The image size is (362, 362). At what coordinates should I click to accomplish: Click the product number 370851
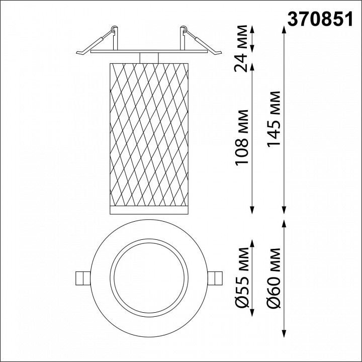click(320, 19)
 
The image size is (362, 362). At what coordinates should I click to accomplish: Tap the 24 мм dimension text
click(241, 48)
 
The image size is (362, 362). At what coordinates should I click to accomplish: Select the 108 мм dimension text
click(242, 138)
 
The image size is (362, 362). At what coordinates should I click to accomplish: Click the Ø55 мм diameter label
click(242, 278)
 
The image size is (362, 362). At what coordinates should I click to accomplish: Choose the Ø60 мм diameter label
click(274, 278)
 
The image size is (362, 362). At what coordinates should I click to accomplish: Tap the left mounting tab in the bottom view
click(83, 278)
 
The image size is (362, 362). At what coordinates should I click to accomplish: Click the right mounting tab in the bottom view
click(215, 278)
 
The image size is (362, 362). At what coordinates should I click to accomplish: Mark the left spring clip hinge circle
click(113, 29)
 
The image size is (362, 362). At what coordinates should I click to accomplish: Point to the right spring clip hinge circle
click(184, 29)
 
